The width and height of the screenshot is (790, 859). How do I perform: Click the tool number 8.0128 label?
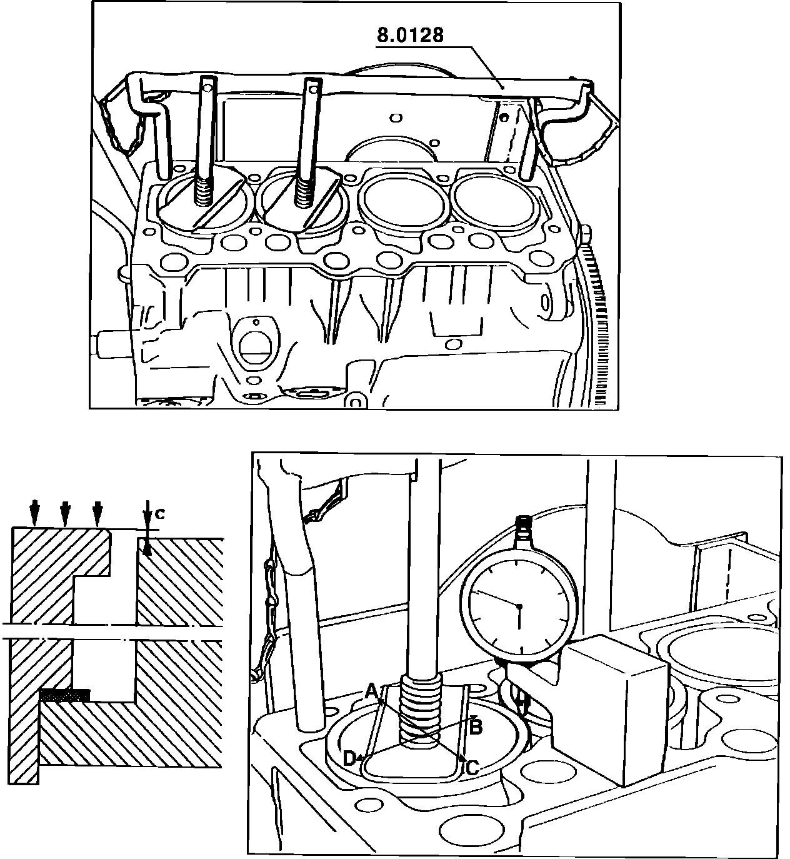410,35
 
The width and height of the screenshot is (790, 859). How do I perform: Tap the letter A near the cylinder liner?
371,691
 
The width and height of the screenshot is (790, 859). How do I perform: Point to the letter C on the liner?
472,767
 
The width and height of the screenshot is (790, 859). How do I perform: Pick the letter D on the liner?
349,758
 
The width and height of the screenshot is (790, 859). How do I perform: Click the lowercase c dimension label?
160,514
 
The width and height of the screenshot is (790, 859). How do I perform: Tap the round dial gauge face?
519,606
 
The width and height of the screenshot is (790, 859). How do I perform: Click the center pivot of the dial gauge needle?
519,606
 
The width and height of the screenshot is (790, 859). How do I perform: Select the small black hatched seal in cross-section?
64,695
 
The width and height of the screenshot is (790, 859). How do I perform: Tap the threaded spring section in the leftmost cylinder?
203,191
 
